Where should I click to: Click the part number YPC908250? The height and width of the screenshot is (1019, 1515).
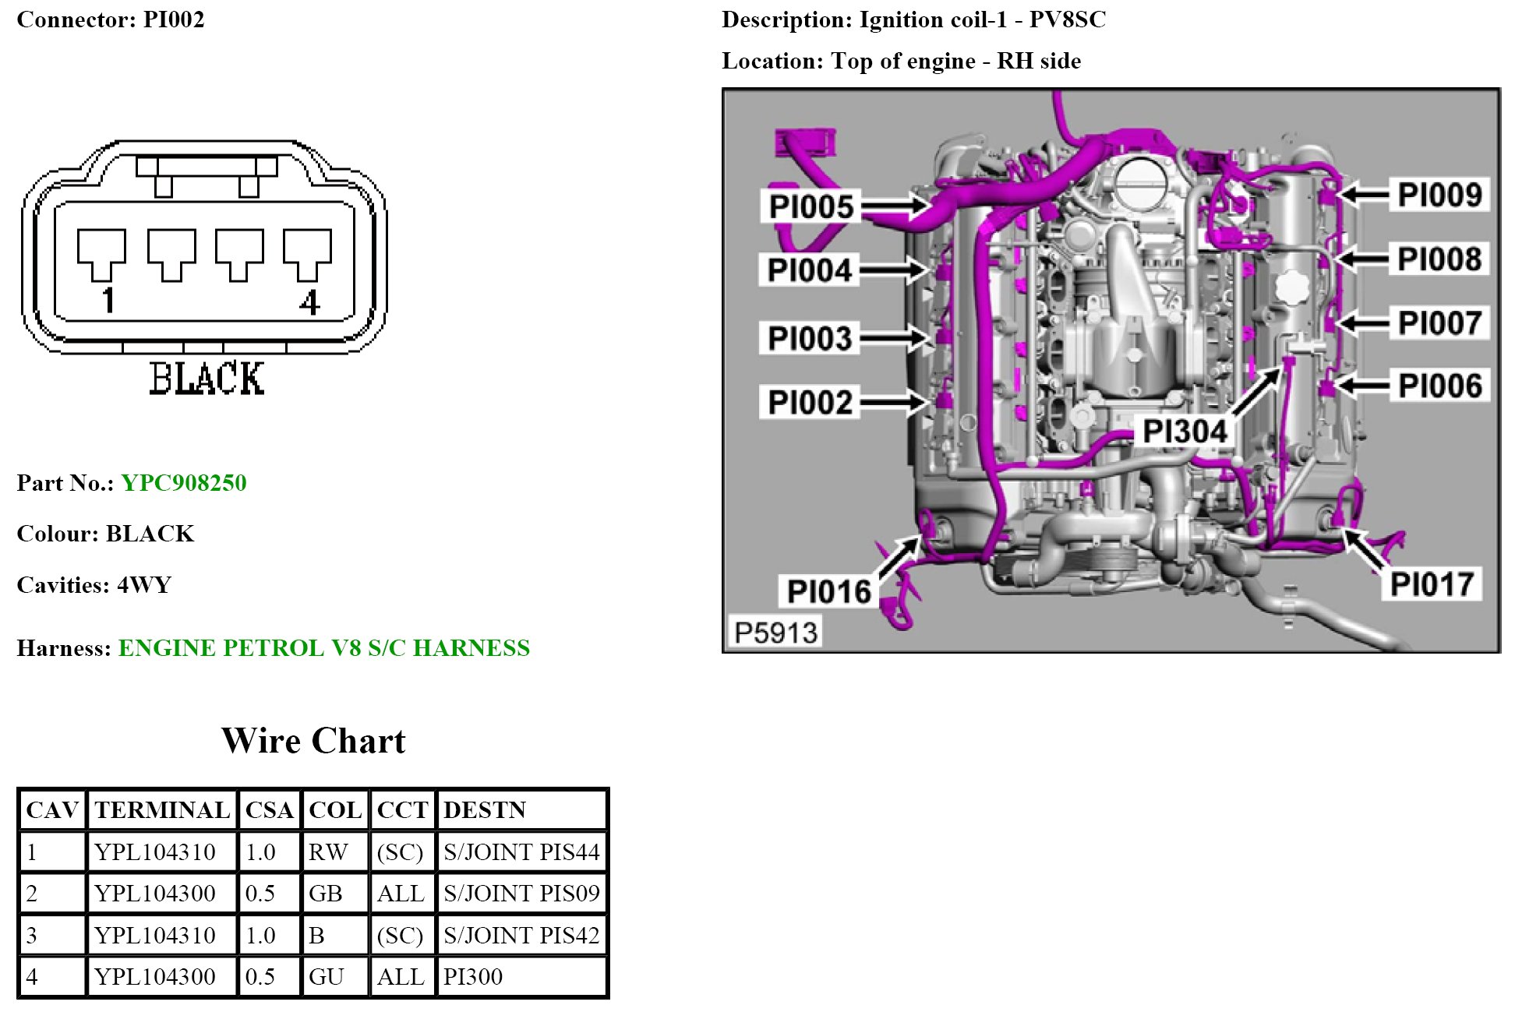click(183, 483)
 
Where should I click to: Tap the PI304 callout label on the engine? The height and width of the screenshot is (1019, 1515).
click(1184, 431)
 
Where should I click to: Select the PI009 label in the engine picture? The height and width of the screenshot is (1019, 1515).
click(1439, 195)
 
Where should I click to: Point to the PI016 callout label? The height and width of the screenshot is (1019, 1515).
click(828, 591)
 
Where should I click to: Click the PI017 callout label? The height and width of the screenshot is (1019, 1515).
click(1432, 584)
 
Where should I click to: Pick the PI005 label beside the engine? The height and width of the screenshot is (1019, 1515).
click(810, 206)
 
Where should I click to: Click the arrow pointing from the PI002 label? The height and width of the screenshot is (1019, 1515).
click(893, 402)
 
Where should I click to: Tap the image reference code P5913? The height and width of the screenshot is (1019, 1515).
click(775, 632)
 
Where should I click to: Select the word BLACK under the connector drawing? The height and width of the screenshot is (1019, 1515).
click(207, 379)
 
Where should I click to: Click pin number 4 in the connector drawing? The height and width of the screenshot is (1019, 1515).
click(309, 302)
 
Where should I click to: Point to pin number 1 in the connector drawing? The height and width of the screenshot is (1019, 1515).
click(108, 301)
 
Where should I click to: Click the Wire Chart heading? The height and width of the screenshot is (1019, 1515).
click(313, 740)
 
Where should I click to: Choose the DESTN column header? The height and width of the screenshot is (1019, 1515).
click(485, 810)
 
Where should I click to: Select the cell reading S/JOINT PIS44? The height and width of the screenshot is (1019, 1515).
click(521, 852)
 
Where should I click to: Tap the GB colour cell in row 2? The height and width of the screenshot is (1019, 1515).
click(326, 894)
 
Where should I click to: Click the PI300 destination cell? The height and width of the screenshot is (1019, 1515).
click(473, 977)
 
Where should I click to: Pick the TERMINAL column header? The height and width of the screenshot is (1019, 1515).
click(162, 810)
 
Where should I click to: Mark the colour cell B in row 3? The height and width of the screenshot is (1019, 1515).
click(316, 935)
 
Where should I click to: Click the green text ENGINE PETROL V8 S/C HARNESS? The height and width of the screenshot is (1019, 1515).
click(323, 648)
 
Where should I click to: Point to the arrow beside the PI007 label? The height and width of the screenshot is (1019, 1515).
click(1362, 323)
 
